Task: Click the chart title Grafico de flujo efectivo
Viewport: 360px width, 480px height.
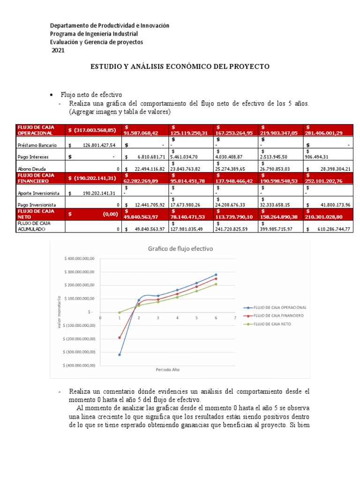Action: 180,249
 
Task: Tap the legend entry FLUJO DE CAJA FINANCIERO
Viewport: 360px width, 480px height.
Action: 275,315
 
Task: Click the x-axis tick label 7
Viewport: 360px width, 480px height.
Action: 235,317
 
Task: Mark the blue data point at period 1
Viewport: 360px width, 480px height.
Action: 120,355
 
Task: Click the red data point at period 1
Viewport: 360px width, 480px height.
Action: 120,337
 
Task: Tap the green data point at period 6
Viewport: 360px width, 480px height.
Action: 216,284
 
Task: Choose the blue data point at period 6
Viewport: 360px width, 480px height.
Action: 216,275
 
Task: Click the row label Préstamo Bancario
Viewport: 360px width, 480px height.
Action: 37,146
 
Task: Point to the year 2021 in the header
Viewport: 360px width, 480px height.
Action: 58,51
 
